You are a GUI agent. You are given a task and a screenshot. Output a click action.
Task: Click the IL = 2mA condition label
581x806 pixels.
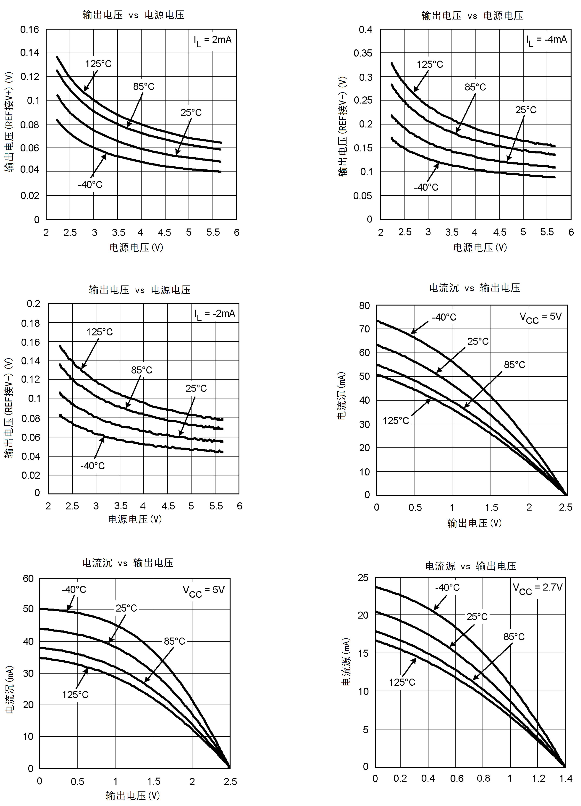click(x=212, y=40)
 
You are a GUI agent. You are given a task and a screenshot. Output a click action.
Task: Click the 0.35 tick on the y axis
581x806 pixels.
click(x=363, y=53)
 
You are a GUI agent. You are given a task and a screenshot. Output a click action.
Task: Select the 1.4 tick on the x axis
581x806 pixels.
click(x=565, y=779)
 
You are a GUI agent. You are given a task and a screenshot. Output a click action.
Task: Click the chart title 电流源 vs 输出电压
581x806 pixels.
click(x=470, y=566)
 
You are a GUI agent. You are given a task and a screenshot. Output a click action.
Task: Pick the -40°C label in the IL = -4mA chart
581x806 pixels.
click(x=426, y=187)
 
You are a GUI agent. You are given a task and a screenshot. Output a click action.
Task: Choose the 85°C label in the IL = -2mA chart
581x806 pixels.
click(x=142, y=370)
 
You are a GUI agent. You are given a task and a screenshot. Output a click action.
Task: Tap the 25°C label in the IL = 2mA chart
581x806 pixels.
click(x=191, y=113)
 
